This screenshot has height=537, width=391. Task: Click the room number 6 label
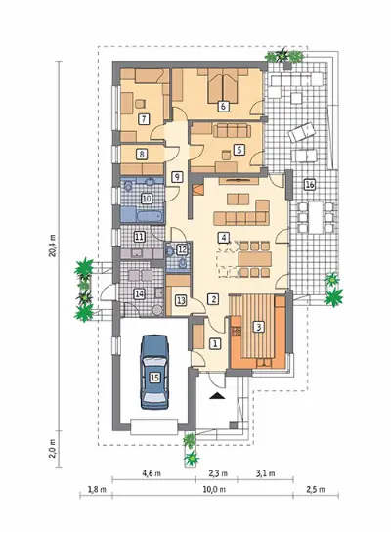[x=223, y=107]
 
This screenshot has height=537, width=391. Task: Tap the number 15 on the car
[x=154, y=378]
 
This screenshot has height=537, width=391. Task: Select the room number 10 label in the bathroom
[x=147, y=199]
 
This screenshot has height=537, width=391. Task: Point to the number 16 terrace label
[x=310, y=185]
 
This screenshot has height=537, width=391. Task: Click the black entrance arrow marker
[x=216, y=396]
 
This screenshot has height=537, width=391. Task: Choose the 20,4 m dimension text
[x=53, y=246]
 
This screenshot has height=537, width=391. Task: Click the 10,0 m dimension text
[x=214, y=489]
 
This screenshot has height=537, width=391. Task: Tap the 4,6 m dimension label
[x=151, y=473]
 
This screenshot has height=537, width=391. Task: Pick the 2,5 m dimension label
[x=316, y=489]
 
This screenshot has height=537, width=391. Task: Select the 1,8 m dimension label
[x=97, y=489]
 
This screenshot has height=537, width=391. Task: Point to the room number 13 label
[x=181, y=301]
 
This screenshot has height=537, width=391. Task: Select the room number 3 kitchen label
[x=259, y=327]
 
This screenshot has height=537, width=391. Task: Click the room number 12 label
[x=182, y=249]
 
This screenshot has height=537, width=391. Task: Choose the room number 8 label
[x=142, y=155]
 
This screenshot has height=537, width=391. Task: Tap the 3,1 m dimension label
[x=265, y=473]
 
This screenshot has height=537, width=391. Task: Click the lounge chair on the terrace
[x=301, y=132]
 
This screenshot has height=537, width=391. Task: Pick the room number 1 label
[x=215, y=344]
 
